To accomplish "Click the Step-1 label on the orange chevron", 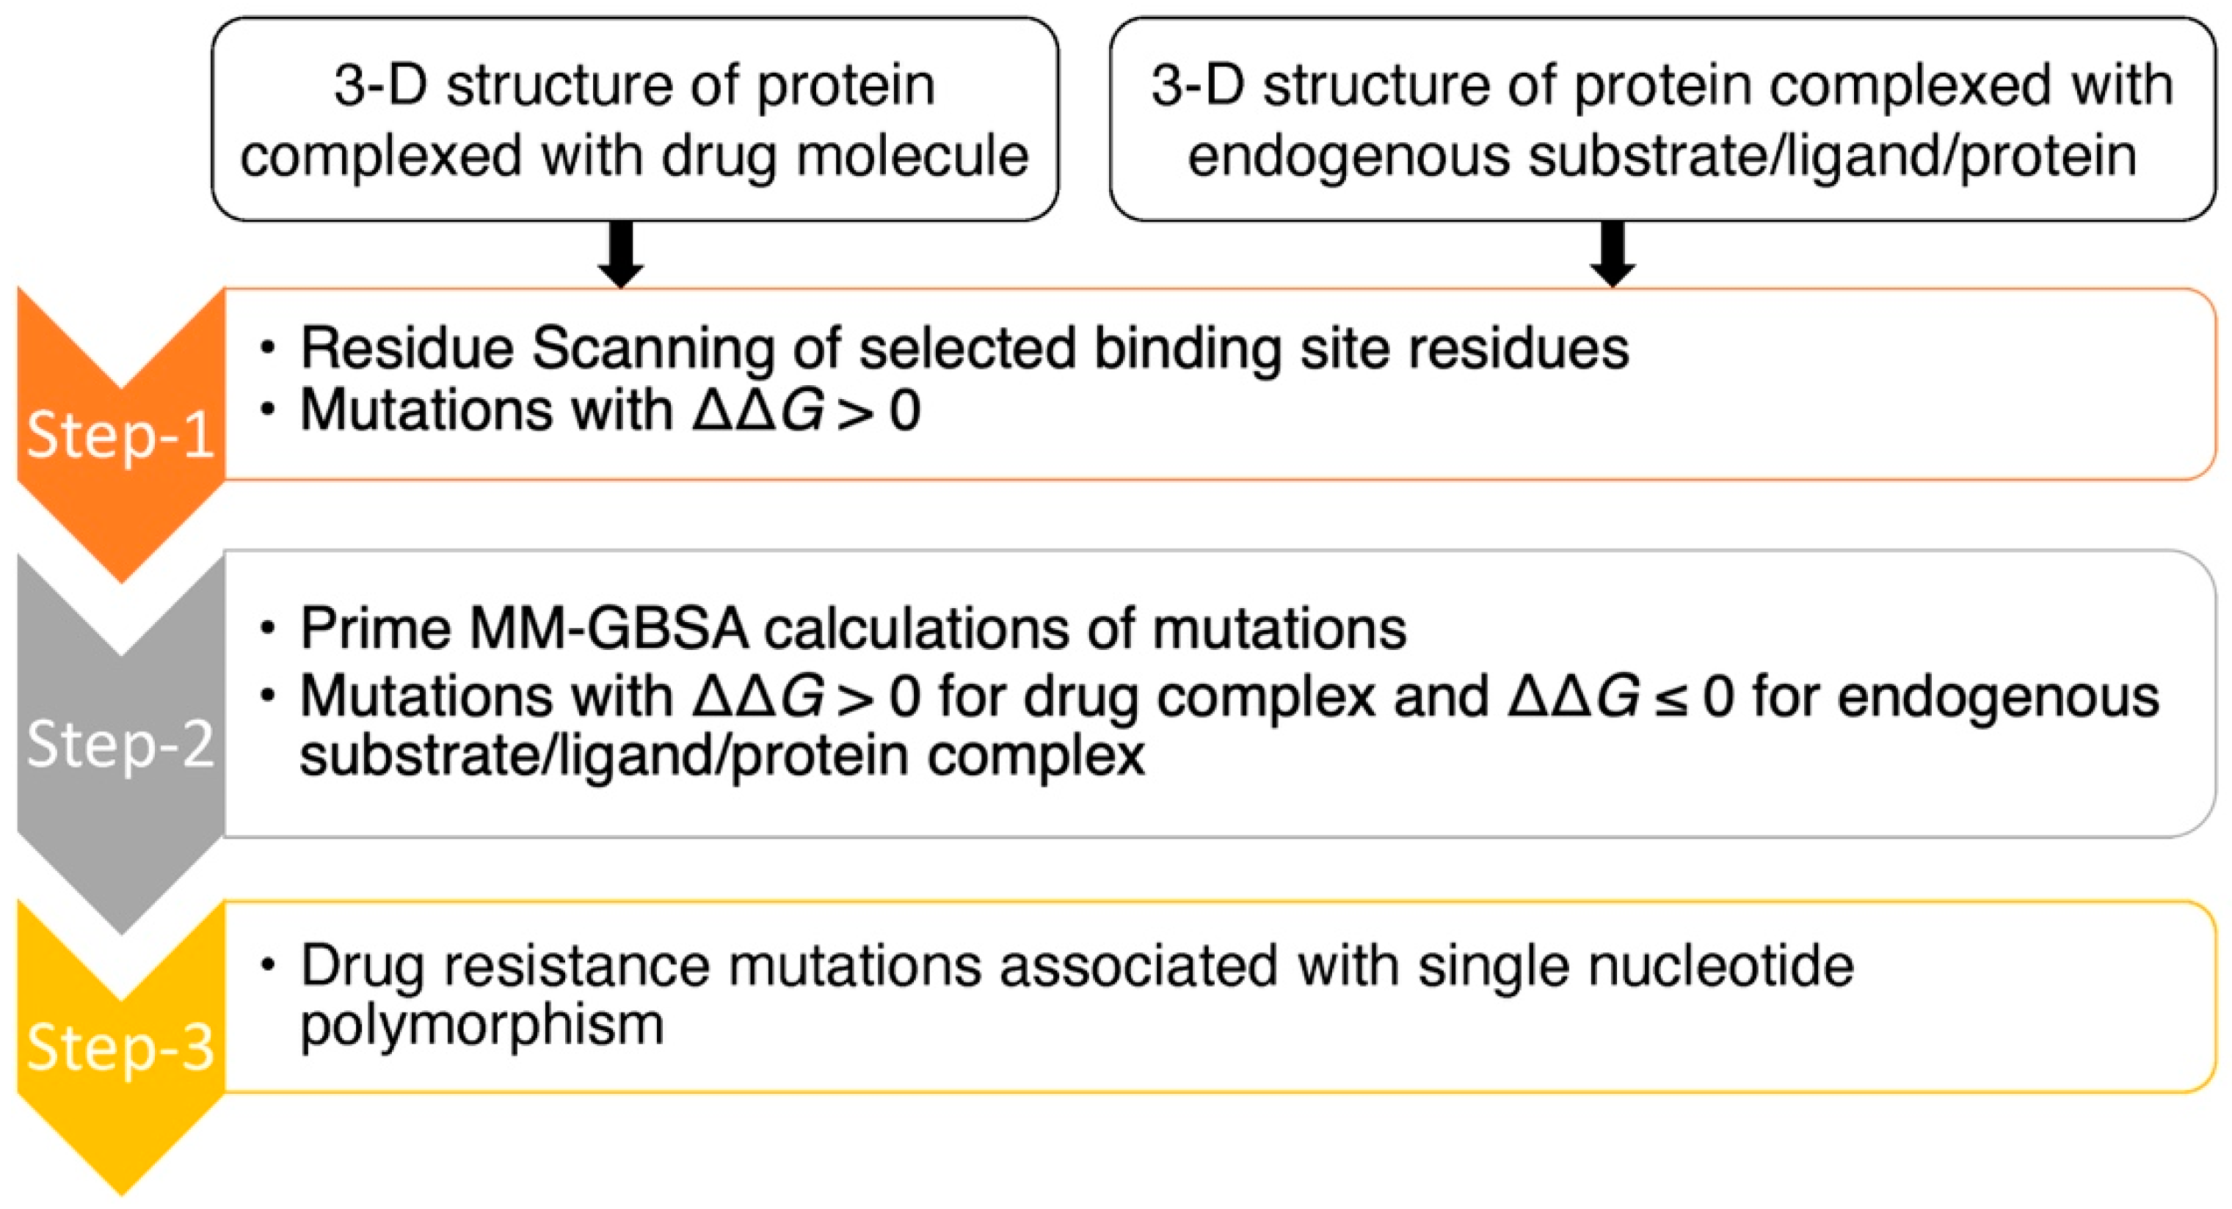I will point(120,435).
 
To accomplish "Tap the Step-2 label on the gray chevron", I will point(120,743).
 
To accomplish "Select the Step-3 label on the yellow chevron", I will point(120,1047).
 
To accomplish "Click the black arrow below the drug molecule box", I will point(620,254).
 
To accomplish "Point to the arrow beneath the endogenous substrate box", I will point(1613,254).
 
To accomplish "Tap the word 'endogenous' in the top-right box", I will point(1348,158).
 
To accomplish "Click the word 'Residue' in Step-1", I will point(407,349).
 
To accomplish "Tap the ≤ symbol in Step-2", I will point(1671,698).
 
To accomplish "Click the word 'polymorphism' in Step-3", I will point(481,1026).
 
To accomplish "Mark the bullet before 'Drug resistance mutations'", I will point(268,965).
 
